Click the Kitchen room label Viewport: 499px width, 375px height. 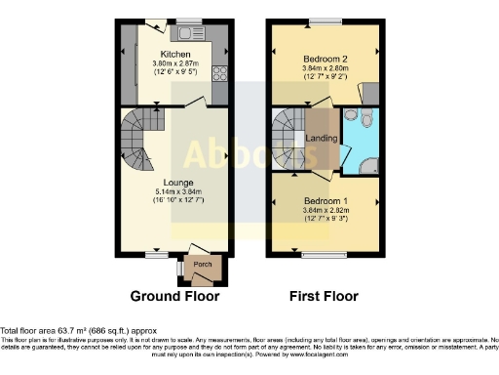[174, 54]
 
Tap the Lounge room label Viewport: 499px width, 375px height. [175, 183]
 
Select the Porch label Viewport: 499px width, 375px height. [202, 265]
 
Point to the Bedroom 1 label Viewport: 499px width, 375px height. [326, 198]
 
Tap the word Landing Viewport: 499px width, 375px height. [323, 138]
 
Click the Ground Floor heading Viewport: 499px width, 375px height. [174, 295]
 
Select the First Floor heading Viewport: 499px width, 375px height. [326, 295]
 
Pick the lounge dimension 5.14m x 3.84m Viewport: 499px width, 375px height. [175, 192]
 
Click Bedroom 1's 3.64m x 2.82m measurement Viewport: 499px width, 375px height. [326, 208]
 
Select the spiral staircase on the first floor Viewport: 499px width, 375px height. [288, 136]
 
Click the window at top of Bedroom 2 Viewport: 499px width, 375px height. [326, 21]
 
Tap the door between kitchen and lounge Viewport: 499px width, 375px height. [195, 103]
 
